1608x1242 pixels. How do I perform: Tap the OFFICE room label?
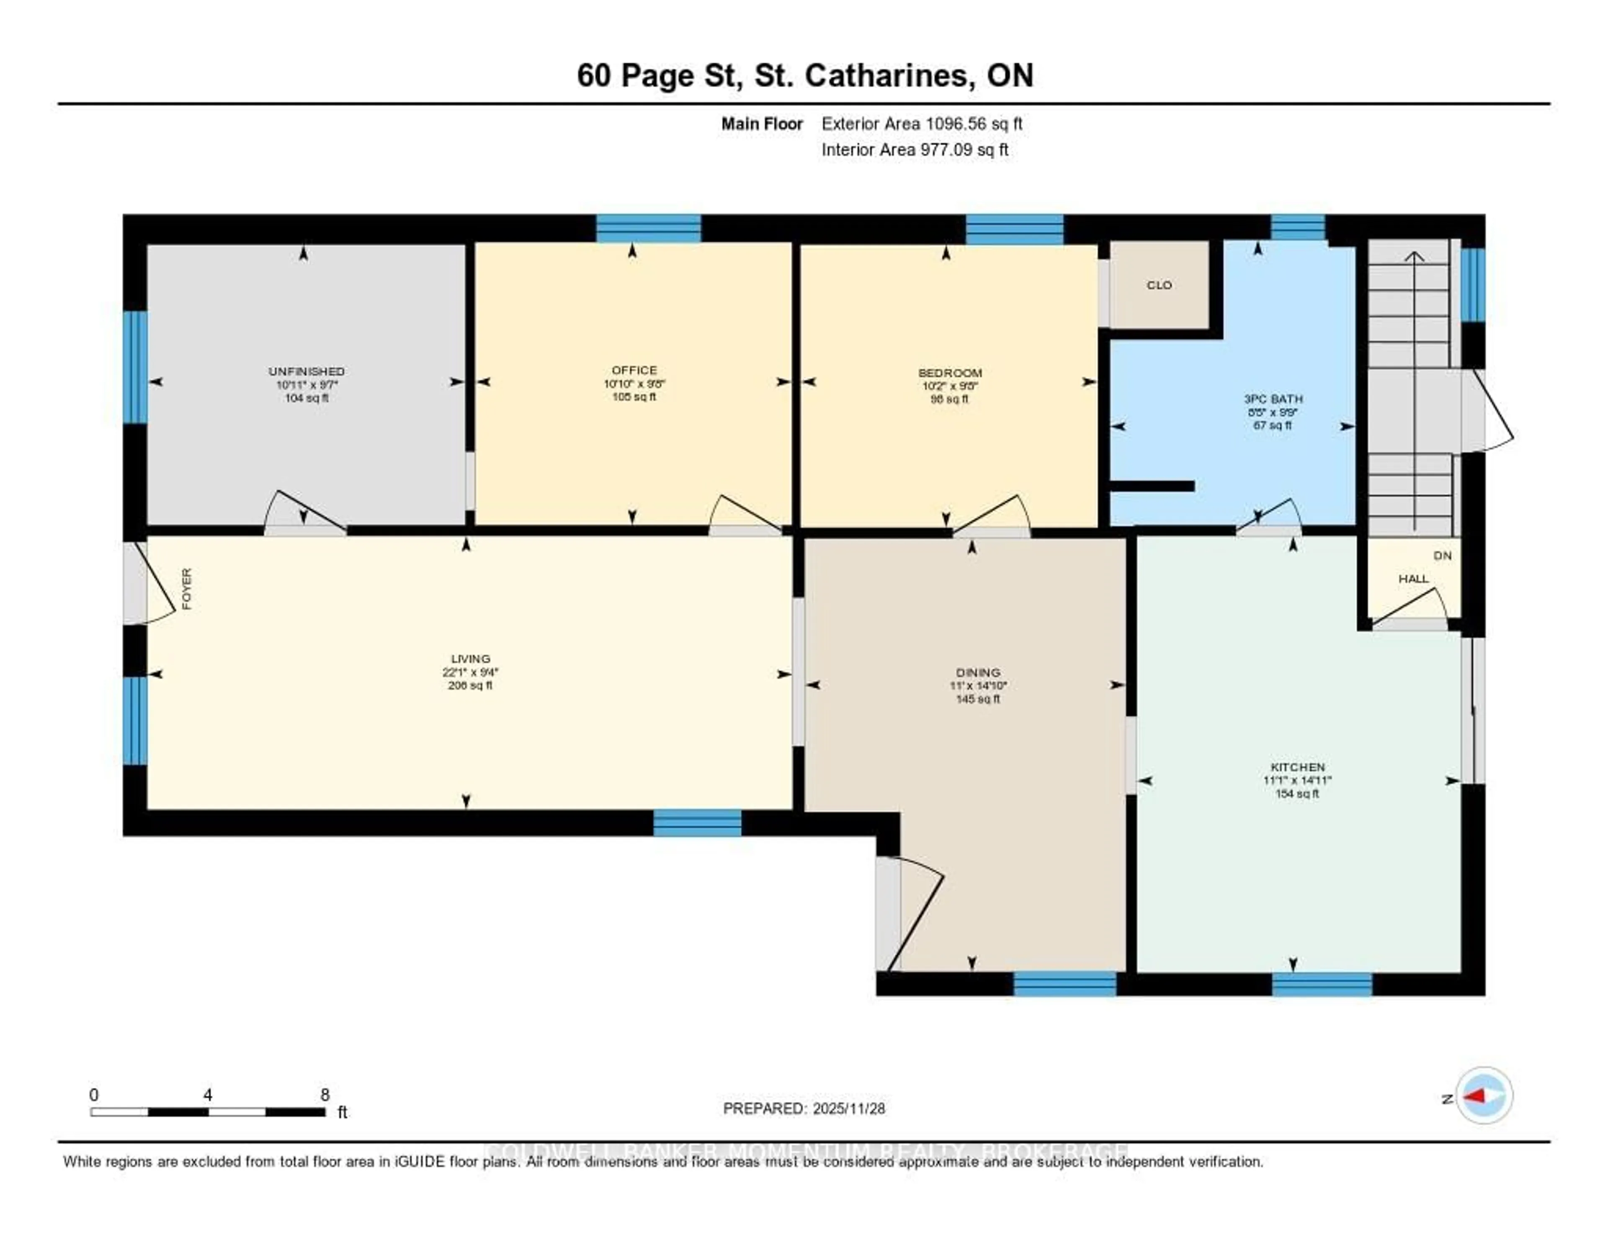(634, 370)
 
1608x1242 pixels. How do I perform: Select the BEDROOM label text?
(950, 373)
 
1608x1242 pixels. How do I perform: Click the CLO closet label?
(1159, 285)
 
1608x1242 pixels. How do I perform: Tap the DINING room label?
(978, 672)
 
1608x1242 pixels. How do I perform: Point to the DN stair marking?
(1442, 556)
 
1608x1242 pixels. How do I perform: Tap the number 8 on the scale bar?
(325, 1095)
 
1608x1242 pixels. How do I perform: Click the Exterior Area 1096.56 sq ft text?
(922, 124)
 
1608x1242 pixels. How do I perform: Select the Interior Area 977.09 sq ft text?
(915, 150)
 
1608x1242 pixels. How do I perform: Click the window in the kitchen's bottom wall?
(1322, 984)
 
